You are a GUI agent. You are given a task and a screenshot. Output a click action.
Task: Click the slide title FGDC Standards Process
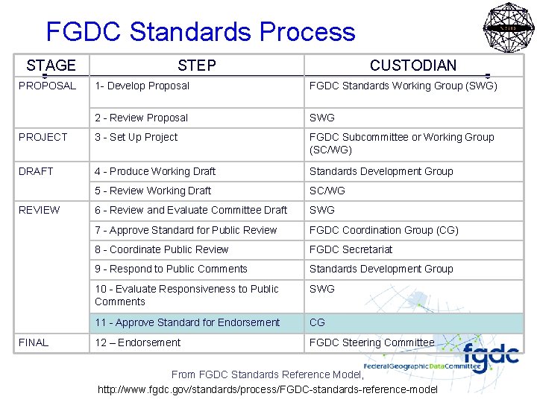tap(201, 32)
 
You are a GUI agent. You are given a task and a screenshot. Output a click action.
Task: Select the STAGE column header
tap(51, 66)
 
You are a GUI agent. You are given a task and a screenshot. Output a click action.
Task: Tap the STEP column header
tap(197, 66)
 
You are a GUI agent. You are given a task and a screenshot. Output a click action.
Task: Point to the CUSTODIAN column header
tap(413, 66)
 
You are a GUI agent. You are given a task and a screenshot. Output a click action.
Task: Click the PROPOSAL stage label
tap(48, 86)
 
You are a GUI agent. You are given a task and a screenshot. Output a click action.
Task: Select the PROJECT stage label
tap(43, 137)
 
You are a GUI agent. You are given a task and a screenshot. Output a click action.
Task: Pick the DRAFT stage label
tap(37, 171)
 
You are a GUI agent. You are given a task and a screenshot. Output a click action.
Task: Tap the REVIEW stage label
tap(40, 210)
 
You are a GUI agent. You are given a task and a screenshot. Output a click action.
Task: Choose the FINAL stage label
tap(34, 342)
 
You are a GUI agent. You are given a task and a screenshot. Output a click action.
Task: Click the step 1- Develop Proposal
tap(142, 86)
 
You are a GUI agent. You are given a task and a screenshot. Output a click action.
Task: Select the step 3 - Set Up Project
tap(136, 137)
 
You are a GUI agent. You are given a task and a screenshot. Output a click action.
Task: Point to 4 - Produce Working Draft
tap(155, 171)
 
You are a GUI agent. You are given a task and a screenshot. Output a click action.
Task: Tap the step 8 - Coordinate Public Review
tap(162, 249)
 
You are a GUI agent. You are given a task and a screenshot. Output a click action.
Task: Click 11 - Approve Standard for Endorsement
tap(187, 322)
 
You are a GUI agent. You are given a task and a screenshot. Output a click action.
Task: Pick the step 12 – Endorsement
tap(138, 342)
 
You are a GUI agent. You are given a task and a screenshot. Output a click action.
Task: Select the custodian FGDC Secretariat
tap(351, 249)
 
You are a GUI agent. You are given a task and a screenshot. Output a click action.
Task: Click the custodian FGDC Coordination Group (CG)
tap(384, 230)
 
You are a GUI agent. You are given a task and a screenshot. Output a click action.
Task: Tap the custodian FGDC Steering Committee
tap(372, 342)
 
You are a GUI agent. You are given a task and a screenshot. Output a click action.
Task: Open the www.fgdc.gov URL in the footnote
tap(268, 389)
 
